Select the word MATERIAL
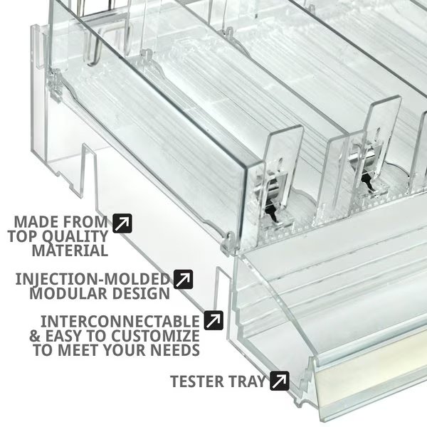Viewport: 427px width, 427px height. coord(70,251)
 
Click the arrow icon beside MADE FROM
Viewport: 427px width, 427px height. coord(122,223)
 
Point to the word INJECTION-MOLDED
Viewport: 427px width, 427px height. coord(93,279)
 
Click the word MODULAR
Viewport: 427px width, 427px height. coord(68,293)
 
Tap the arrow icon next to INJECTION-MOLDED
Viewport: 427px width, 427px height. coord(184,280)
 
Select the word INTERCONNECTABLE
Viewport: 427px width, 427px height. coord(120,322)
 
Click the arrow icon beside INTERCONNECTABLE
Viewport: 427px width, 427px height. coord(213,320)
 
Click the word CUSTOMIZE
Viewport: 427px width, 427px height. coord(155,336)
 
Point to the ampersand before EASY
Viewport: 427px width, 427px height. coord(35,336)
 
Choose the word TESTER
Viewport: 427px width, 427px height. coord(197,381)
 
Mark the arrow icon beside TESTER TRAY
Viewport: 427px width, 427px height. coord(280,381)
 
